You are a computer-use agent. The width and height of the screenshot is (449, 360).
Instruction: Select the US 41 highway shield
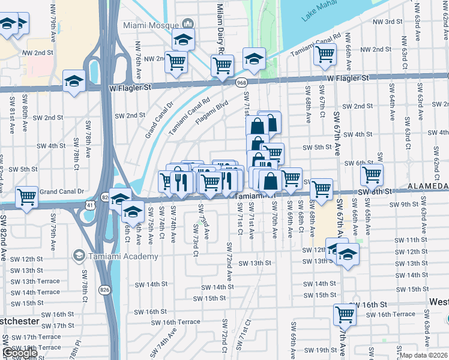(89, 205)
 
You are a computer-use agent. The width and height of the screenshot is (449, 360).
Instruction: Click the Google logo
(19, 353)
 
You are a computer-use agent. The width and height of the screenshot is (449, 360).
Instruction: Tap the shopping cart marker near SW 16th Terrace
(345, 314)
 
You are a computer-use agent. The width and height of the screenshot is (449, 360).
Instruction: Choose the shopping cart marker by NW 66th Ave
(325, 54)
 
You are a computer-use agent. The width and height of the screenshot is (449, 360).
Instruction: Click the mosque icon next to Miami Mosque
(188, 24)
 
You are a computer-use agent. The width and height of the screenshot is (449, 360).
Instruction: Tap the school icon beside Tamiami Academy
(78, 256)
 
